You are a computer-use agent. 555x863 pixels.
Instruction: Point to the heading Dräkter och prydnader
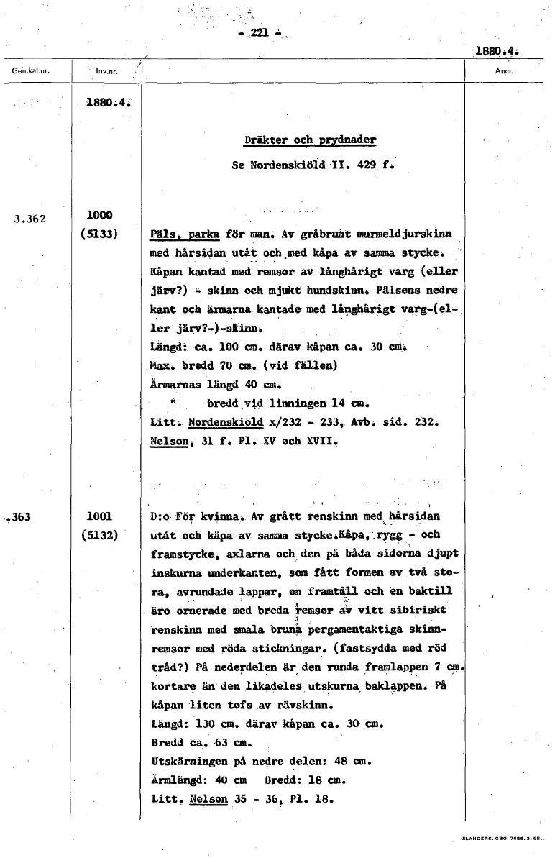click(310, 140)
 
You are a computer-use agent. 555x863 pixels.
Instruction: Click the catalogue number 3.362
click(29, 219)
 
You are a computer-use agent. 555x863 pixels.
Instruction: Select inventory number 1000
click(99, 215)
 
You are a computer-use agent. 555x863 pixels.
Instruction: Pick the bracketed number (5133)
click(101, 233)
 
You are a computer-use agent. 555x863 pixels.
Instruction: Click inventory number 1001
click(99, 516)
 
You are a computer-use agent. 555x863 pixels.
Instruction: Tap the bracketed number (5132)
click(101, 534)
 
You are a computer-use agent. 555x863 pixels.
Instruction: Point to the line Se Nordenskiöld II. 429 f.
click(313, 165)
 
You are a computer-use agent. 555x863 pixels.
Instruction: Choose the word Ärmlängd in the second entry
click(174, 780)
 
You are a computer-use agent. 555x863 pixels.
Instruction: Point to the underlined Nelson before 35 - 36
click(209, 798)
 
